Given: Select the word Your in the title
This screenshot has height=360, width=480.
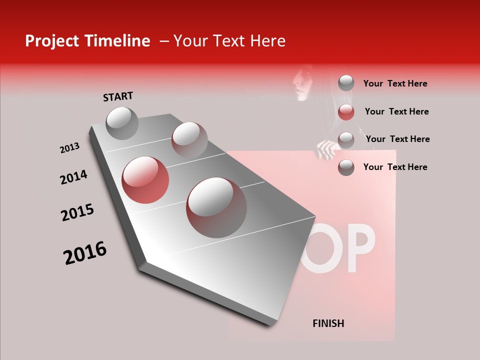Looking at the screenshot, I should [190, 41].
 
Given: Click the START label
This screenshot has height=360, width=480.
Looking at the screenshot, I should [118, 96].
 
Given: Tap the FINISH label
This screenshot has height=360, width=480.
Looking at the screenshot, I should [328, 323].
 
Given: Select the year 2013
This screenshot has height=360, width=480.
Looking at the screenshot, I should [69, 148].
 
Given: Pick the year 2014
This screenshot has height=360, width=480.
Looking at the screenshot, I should [73, 177].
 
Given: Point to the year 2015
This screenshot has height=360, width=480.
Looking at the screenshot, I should [77, 212].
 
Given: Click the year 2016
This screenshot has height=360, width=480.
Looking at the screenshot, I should [85, 253].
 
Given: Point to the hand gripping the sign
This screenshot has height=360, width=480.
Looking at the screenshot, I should [326, 148].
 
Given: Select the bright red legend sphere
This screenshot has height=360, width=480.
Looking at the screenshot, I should [346, 112].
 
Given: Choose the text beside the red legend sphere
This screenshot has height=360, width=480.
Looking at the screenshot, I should [396, 111].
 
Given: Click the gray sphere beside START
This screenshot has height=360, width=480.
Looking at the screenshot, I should [122, 123].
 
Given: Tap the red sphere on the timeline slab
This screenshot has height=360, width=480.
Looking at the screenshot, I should [145, 180].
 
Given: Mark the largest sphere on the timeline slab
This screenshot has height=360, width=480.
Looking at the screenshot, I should [216, 207].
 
